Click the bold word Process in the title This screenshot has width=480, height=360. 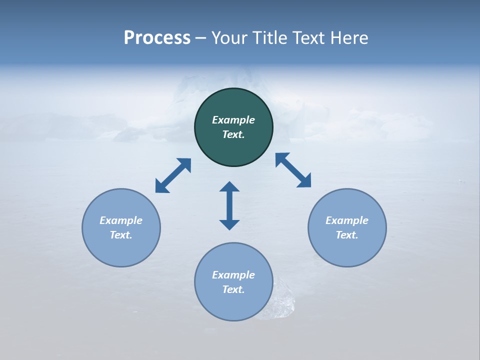tap(157, 38)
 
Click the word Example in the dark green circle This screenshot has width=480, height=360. tap(233, 120)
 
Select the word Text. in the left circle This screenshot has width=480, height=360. tap(121, 235)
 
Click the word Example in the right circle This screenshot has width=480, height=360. tap(347, 220)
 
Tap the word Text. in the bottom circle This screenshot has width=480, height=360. tap(233, 289)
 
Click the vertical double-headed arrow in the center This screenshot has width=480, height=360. tap(229, 205)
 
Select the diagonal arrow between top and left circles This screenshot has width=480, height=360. tap(173, 175)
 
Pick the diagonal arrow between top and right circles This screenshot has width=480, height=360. tap(293, 170)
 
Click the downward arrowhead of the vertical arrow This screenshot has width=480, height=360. tap(229, 223)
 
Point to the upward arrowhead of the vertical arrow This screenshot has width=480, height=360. tap(229, 187)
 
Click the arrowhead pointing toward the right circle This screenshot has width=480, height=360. tap(304, 181)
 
